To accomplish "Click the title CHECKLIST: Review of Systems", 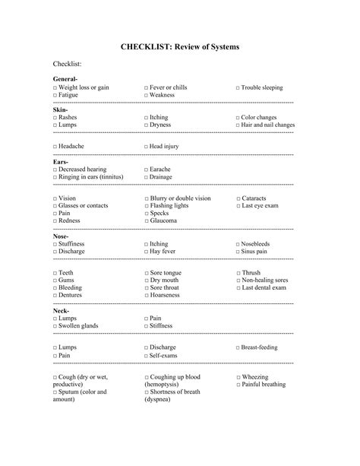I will (x=180, y=47).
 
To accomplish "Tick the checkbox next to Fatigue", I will (x=55, y=96).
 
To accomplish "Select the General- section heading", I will (x=65, y=80).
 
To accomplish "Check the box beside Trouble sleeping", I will (x=238, y=88).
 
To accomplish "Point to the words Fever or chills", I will (x=169, y=88).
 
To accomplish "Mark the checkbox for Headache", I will (x=55, y=145).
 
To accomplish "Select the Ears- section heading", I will (x=62, y=162).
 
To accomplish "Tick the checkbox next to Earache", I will (x=147, y=170).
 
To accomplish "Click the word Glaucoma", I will (x=164, y=221).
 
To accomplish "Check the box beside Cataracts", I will (x=238, y=198).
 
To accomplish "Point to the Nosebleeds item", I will (x=262, y=243).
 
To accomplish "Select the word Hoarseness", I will (x=169, y=296).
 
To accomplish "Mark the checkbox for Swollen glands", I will (x=55, y=326).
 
